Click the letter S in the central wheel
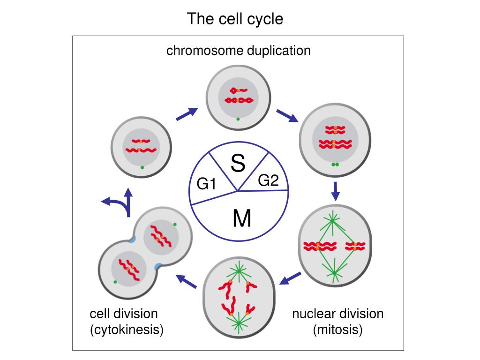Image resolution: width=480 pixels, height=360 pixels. click(238, 163)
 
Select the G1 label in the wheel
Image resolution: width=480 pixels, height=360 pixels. click(206, 184)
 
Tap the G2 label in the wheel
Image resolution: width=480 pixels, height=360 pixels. click(268, 180)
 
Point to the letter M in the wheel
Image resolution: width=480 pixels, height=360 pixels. click(242, 218)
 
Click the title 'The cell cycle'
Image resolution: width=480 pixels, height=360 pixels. click(235, 19)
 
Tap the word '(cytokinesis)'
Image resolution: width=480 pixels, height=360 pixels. click(127, 330)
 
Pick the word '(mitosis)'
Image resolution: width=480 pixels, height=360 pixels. click(337, 330)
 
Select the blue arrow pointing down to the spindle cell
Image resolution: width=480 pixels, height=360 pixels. click(336, 191)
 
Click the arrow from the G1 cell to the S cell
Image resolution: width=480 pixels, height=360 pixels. click(187, 114)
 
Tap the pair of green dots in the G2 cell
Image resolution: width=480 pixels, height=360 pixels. click(335, 165)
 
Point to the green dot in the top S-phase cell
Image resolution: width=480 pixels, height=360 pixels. click(238, 119)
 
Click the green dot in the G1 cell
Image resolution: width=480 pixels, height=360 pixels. click(142, 167)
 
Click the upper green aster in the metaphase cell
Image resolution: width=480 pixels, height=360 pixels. click(332, 220)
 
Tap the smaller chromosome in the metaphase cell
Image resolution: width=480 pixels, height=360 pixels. click(355, 247)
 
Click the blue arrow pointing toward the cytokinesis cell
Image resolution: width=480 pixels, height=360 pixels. click(187, 281)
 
